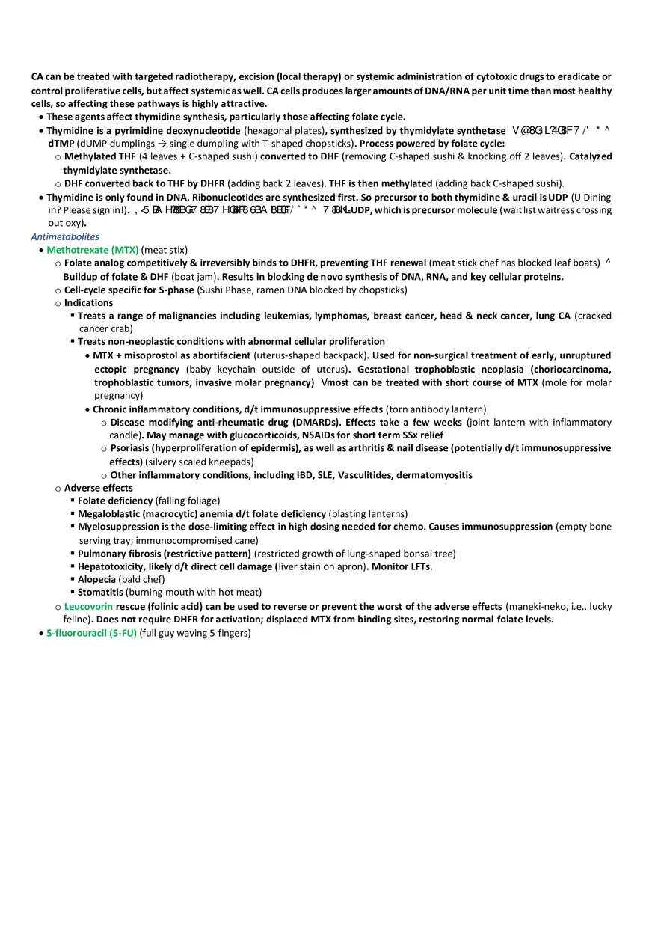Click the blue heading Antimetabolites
click(65, 236)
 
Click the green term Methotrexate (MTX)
click(92, 250)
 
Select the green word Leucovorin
click(88, 606)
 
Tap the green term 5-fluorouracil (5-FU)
click(91, 633)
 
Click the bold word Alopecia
click(96, 579)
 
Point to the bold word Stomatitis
click(100, 593)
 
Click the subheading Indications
click(88, 303)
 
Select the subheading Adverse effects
click(98, 488)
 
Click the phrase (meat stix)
click(164, 250)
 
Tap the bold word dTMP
click(61, 144)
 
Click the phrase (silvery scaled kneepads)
click(200, 462)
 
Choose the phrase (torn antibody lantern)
click(436, 409)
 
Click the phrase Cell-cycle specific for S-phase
click(129, 290)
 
